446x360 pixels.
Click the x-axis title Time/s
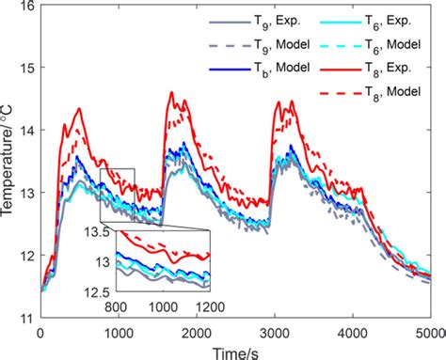(234, 350)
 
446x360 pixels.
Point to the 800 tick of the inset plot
(115, 306)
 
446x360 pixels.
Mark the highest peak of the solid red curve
(170, 92)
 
